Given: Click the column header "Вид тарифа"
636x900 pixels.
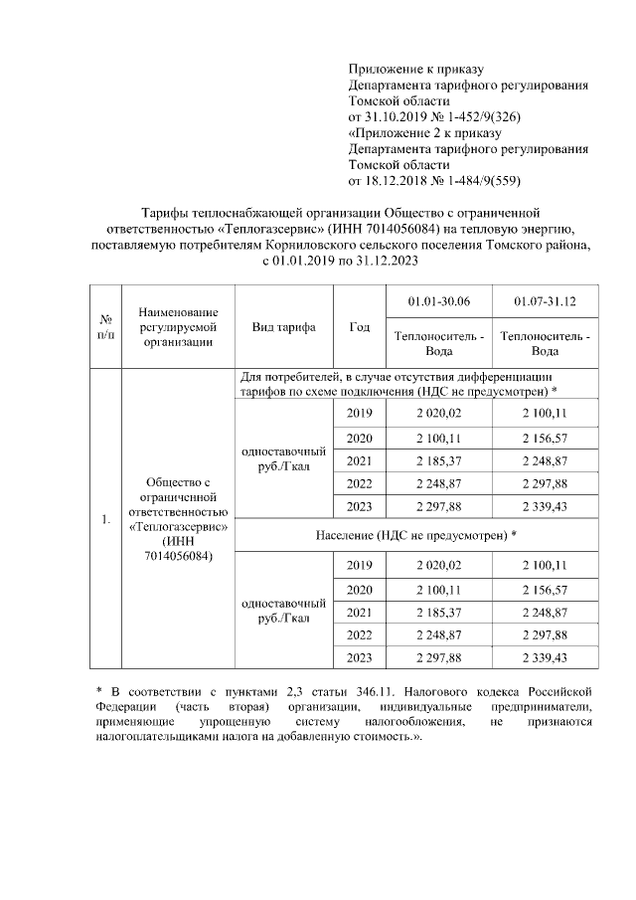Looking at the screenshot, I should point(284,326).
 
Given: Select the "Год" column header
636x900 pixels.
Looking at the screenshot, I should point(360,326).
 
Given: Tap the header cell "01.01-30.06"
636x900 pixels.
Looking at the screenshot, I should point(439,301).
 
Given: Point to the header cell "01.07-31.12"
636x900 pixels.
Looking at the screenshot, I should point(545,301).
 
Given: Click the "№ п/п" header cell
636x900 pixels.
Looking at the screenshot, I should point(105,326).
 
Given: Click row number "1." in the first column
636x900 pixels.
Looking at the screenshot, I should point(105,519).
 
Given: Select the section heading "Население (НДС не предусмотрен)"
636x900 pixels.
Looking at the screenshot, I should point(416,534).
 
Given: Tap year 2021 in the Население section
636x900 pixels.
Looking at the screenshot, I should point(360,611).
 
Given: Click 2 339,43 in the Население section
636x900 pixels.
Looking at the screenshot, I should point(545,657).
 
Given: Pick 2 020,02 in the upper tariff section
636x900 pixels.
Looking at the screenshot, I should point(439,413).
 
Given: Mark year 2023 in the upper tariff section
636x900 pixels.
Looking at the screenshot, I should point(360,507).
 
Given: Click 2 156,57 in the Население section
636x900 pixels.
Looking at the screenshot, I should point(545,588).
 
